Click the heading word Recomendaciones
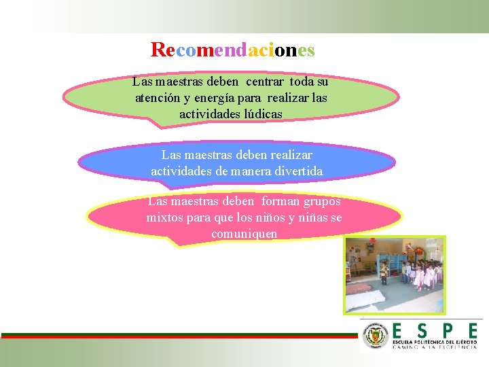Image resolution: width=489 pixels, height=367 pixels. click(x=232, y=50)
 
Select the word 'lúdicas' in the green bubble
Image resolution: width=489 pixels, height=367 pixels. click(x=259, y=114)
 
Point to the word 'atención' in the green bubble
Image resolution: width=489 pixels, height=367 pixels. click(x=158, y=98)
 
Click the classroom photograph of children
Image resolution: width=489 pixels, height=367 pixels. click(x=394, y=275)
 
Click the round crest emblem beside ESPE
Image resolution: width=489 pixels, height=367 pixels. click(x=376, y=336)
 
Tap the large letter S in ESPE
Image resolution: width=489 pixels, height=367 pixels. click(x=422, y=331)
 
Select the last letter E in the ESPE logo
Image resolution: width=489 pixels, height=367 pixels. click(x=471, y=331)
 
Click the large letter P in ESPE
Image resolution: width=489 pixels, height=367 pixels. click(x=447, y=331)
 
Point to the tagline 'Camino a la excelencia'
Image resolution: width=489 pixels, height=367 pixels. click(x=435, y=347)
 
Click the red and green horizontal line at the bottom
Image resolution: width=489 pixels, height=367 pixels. click(x=178, y=336)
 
